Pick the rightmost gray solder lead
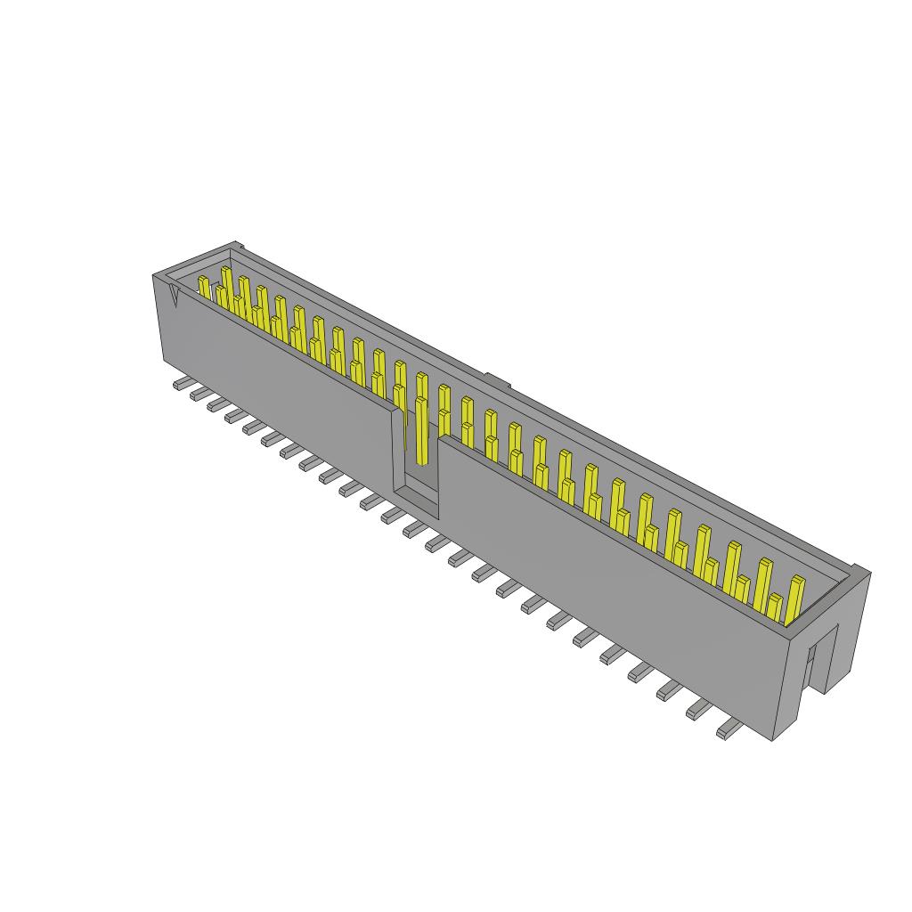(729, 730)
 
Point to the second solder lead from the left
(198, 394)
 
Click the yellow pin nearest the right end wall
(795, 597)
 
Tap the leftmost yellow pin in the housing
(204, 288)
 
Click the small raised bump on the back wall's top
(497, 381)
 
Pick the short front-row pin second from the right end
(775, 607)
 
